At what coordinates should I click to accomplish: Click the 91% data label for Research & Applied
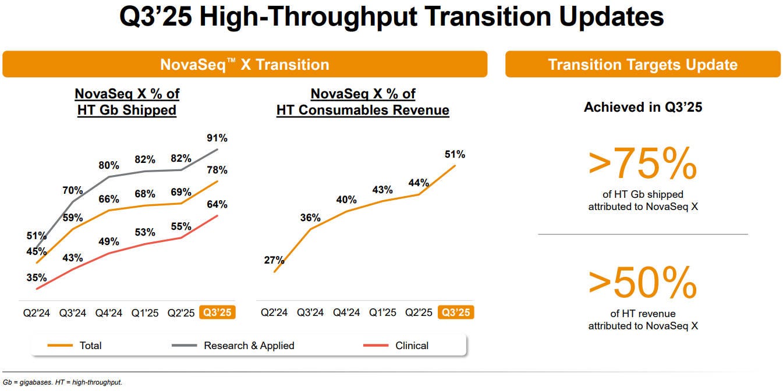[216, 138]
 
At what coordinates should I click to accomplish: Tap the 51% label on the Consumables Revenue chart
[454, 154]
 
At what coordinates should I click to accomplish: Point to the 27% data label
[274, 260]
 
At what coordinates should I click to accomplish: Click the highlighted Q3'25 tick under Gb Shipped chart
[217, 312]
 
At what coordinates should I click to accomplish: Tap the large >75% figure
[643, 164]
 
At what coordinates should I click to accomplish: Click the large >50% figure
[643, 283]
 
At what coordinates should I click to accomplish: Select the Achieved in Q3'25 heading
[643, 107]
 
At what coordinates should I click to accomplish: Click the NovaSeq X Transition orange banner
[245, 64]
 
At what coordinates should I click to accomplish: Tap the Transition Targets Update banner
[643, 64]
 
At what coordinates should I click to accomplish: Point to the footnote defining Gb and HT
[63, 382]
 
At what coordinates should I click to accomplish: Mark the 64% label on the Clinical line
[216, 204]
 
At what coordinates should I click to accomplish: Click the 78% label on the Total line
[216, 170]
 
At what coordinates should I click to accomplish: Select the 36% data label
[310, 218]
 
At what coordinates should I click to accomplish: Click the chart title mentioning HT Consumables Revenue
[363, 102]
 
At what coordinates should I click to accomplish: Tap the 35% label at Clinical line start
[36, 278]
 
